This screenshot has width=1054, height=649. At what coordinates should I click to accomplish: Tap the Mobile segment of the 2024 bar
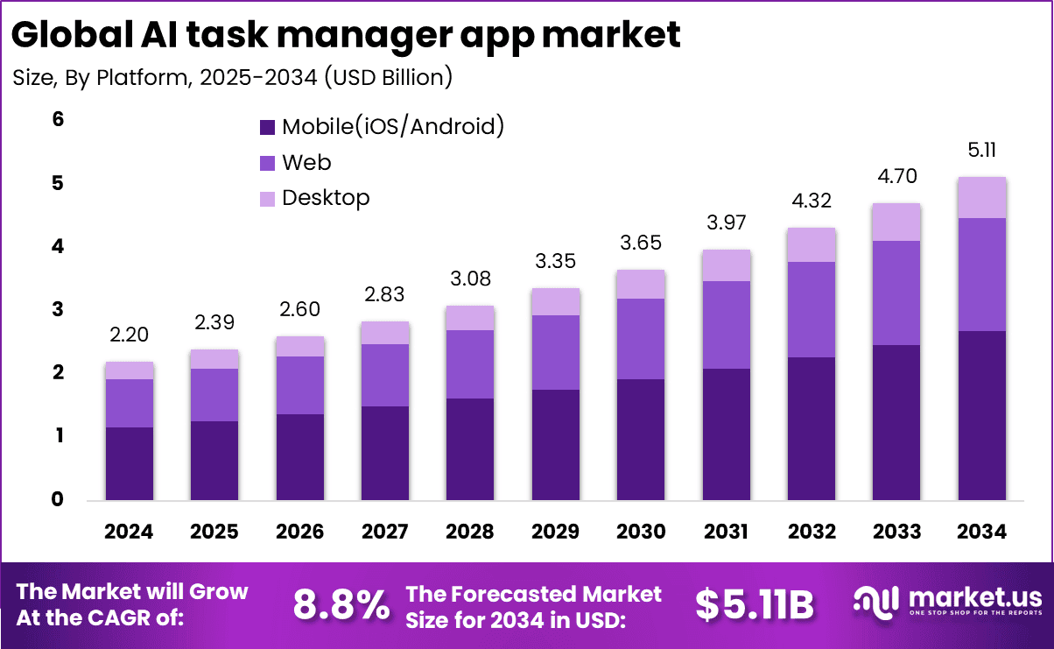pyautogui.click(x=129, y=463)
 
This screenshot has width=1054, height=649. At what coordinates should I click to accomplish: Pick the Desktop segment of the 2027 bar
pyautogui.click(x=384, y=333)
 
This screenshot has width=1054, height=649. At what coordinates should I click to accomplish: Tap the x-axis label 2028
pyautogui.click(x=469, y=532)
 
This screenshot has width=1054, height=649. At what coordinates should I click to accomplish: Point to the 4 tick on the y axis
pyautogui.click(x=58, y=247)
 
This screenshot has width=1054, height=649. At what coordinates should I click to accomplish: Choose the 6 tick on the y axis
pyautogui.click(x=58, y=120)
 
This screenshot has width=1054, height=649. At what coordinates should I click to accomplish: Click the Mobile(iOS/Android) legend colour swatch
pyautogui.click(x=268, y=127)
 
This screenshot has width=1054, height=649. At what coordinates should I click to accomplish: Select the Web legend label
pyautogui.click(x=306, y=162)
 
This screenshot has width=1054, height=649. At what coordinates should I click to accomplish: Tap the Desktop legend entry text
pyautogui.click(x=326, y=198)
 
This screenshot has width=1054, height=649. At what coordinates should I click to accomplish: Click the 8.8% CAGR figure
pyautogui.click(x=341, y=604)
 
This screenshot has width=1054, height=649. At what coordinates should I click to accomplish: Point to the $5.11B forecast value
pyautogui.click(x=755, y=604)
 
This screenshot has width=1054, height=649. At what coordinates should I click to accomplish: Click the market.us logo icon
pyautogui.click(x=876, y=602)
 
